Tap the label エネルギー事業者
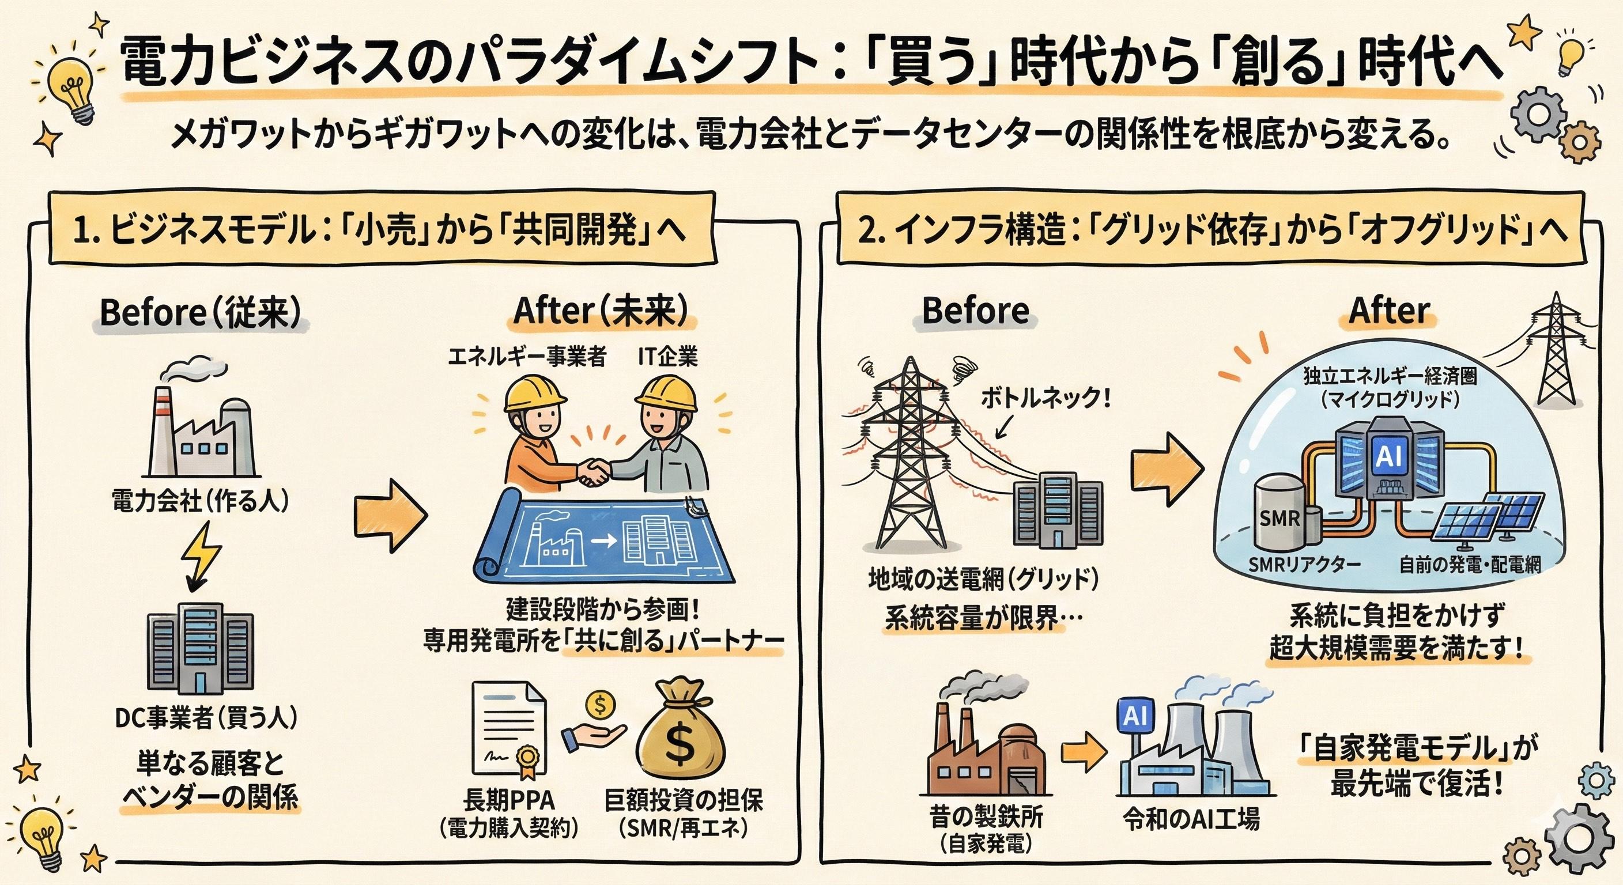pyautogui.click(x=527, y=357)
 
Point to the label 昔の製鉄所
pyautogui.click(x=986, y=818)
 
